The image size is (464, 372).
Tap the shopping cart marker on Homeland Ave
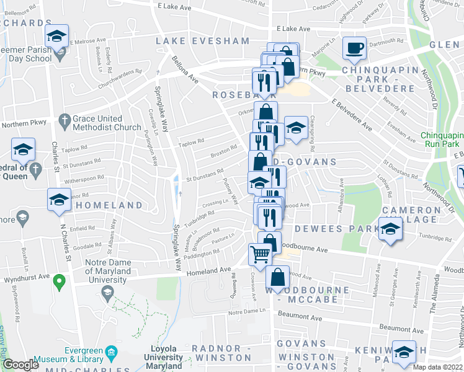[x=260, y=253]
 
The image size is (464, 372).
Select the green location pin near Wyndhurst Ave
[x=60, y=283]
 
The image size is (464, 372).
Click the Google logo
[x=21, y=365]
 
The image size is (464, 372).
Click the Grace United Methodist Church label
[x=107, y=123]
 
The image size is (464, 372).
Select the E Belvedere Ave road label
[x=352, y=114]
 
